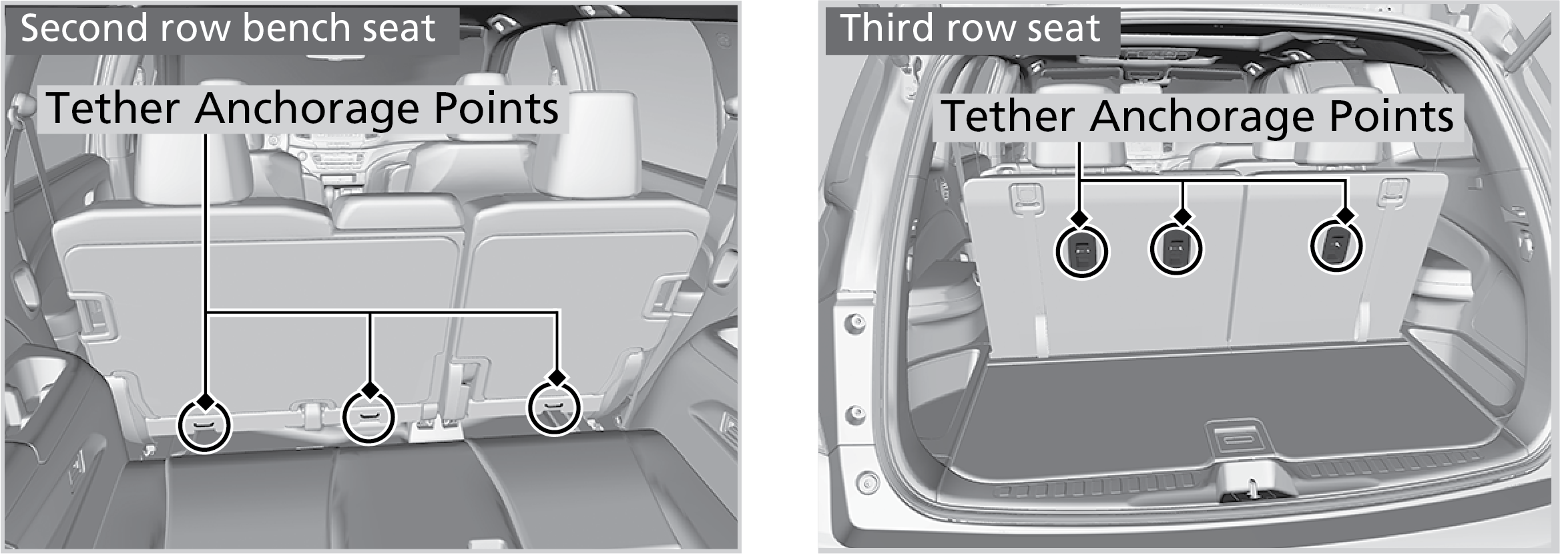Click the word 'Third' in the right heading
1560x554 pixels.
tap(884, 29)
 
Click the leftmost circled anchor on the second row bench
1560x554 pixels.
tap(204, 426)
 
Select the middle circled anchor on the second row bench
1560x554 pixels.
tap(368, 417)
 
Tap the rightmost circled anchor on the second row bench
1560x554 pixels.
tap(553, 408)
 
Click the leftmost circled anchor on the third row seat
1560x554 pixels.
tap(1081, 251)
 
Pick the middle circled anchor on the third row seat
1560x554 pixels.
tap(1176, 248)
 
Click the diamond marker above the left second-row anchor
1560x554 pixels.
tap(206, 402)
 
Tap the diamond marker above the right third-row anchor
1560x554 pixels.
tap(1346, 215)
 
